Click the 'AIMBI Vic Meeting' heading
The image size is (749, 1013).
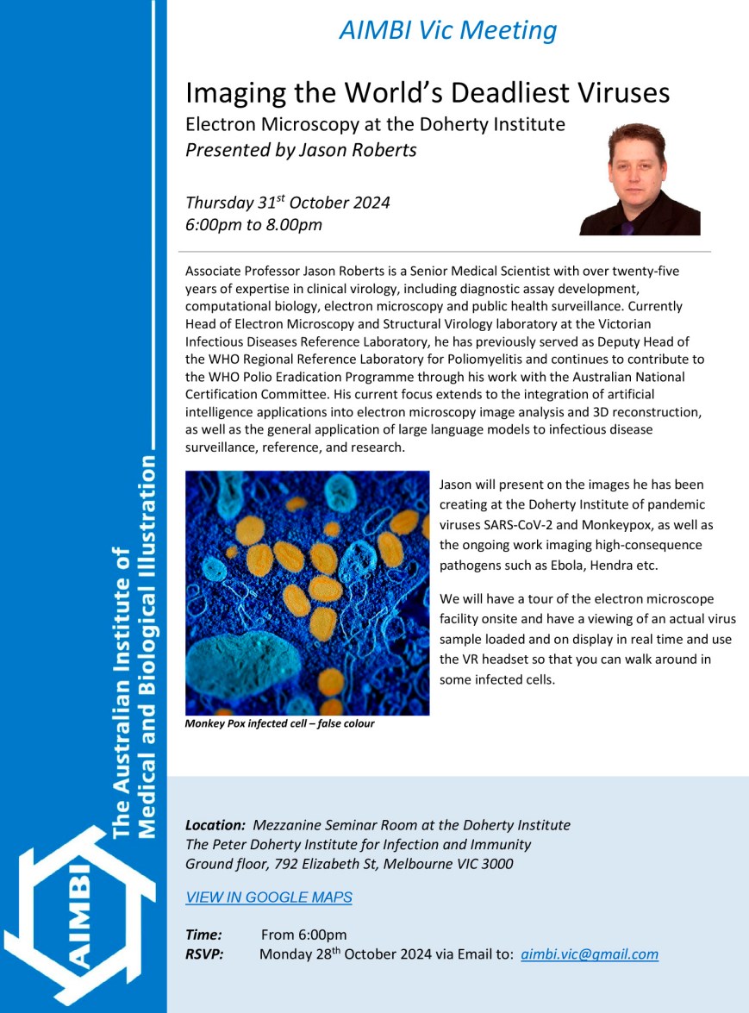(447, 30)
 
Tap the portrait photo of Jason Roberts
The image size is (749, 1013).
(639, 178)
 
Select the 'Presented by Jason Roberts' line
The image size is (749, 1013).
(301, 150)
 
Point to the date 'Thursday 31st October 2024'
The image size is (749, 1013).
(288, 203)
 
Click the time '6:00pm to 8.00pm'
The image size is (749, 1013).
(253, 225)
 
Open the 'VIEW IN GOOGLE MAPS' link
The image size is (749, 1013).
(269, 897)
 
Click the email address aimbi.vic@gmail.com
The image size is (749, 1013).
(590, 954)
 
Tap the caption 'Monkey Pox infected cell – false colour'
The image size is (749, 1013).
(279, 724)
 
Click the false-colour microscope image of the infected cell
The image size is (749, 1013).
(307, 592)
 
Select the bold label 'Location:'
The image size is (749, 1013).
(215, 825)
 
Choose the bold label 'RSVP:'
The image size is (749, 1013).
(204, 954)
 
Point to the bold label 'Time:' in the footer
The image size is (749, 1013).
(203, 935)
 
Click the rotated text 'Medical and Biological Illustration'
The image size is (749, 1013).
(147, 647)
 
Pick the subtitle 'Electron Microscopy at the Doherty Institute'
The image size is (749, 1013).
(375, 124)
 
